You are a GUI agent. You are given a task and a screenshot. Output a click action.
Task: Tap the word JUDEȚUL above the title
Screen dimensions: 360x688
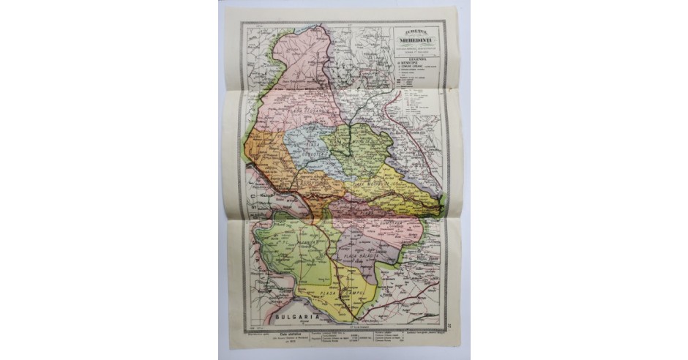coord(416,32)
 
